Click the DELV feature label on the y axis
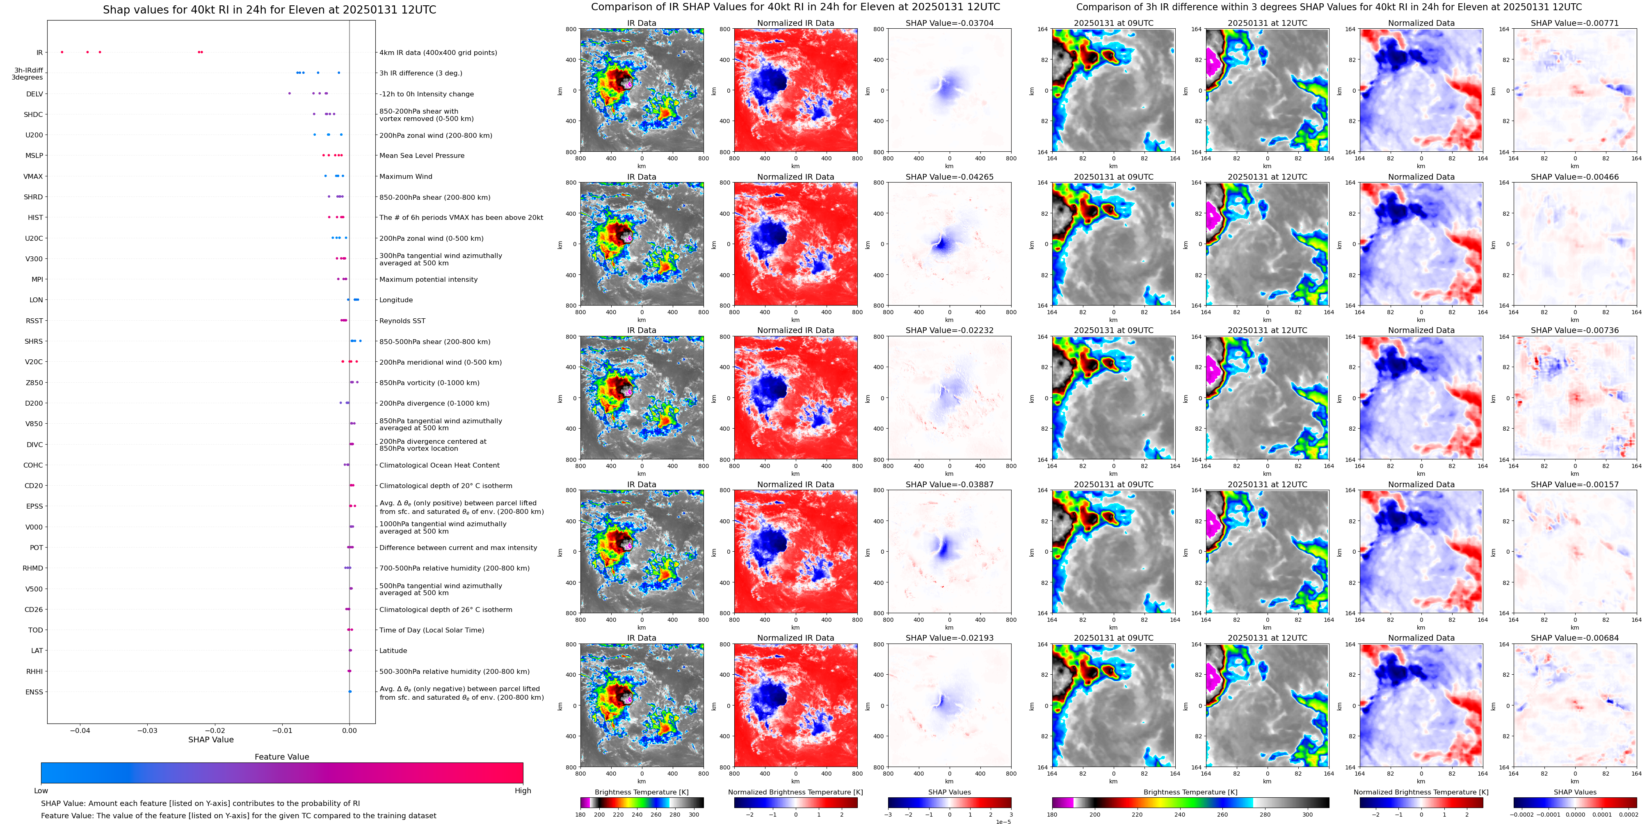coord(34,94)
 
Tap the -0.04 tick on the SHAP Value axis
coord(80,730)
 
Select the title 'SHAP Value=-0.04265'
coord(950,177)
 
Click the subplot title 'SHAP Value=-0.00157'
coord(1575,484)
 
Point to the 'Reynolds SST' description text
coord(402,321)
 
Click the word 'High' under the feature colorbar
coord(523,791)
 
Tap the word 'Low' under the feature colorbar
coord(41,791)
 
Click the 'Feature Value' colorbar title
coord(282,757)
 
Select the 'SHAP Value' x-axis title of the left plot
coord(211,740)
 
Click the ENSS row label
coord(34,692)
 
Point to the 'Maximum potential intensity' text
coord(428,279)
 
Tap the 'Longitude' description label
coord(396,300)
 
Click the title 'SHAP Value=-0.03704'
coord(950,23)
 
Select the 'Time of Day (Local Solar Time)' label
coord(432,630)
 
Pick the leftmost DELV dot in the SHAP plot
coord(290,94)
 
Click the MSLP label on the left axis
coord(34,155)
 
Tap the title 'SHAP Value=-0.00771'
coord(1575,23)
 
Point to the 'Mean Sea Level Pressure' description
coord(422,155)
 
